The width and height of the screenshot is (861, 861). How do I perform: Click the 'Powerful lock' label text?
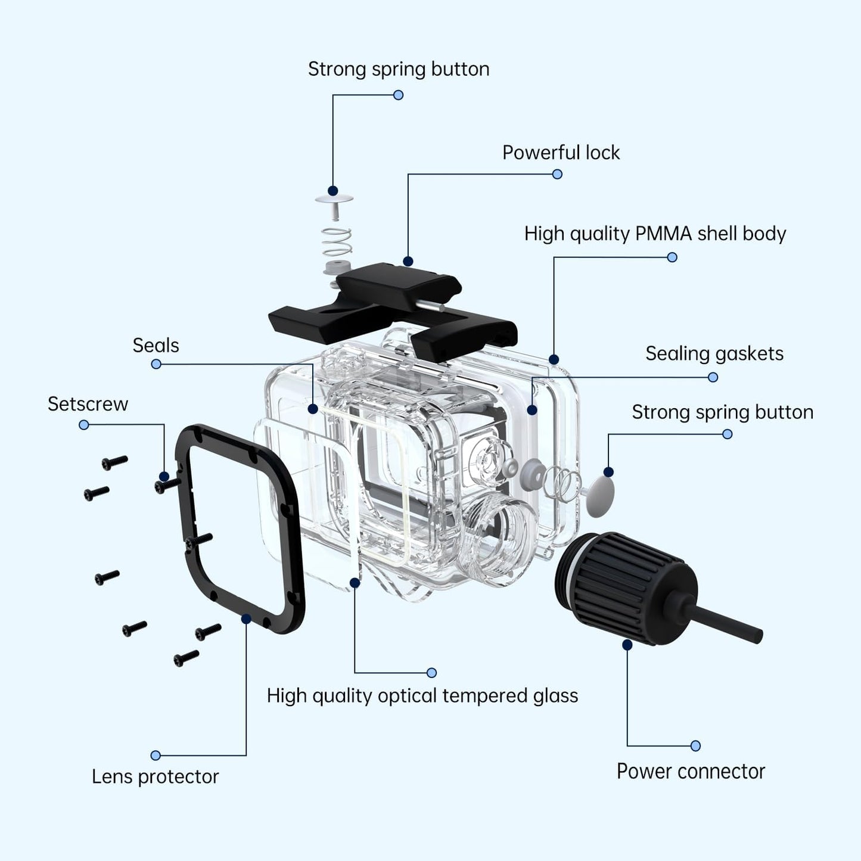pos(561,153)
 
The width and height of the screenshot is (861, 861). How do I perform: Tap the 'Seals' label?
pos(156,346)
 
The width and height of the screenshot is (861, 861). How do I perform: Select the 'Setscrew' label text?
pos(88,404)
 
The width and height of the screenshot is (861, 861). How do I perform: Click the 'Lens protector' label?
pos(155,776)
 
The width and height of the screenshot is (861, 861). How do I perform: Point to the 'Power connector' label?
pos(690,771)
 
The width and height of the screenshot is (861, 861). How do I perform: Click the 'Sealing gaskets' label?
pos(714,353)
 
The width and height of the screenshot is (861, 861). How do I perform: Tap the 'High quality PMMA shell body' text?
pos(655,234)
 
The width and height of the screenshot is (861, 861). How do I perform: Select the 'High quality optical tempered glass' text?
pos(422,695)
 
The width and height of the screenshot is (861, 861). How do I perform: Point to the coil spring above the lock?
pos(336,241)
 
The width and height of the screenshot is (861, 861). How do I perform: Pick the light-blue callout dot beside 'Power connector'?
pos(695,745)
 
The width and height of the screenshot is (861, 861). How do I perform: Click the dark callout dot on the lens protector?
pos(246,619)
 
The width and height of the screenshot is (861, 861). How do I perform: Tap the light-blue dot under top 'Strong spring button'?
pos(399,95)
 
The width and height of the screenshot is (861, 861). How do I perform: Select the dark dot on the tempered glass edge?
pos(355,582)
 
